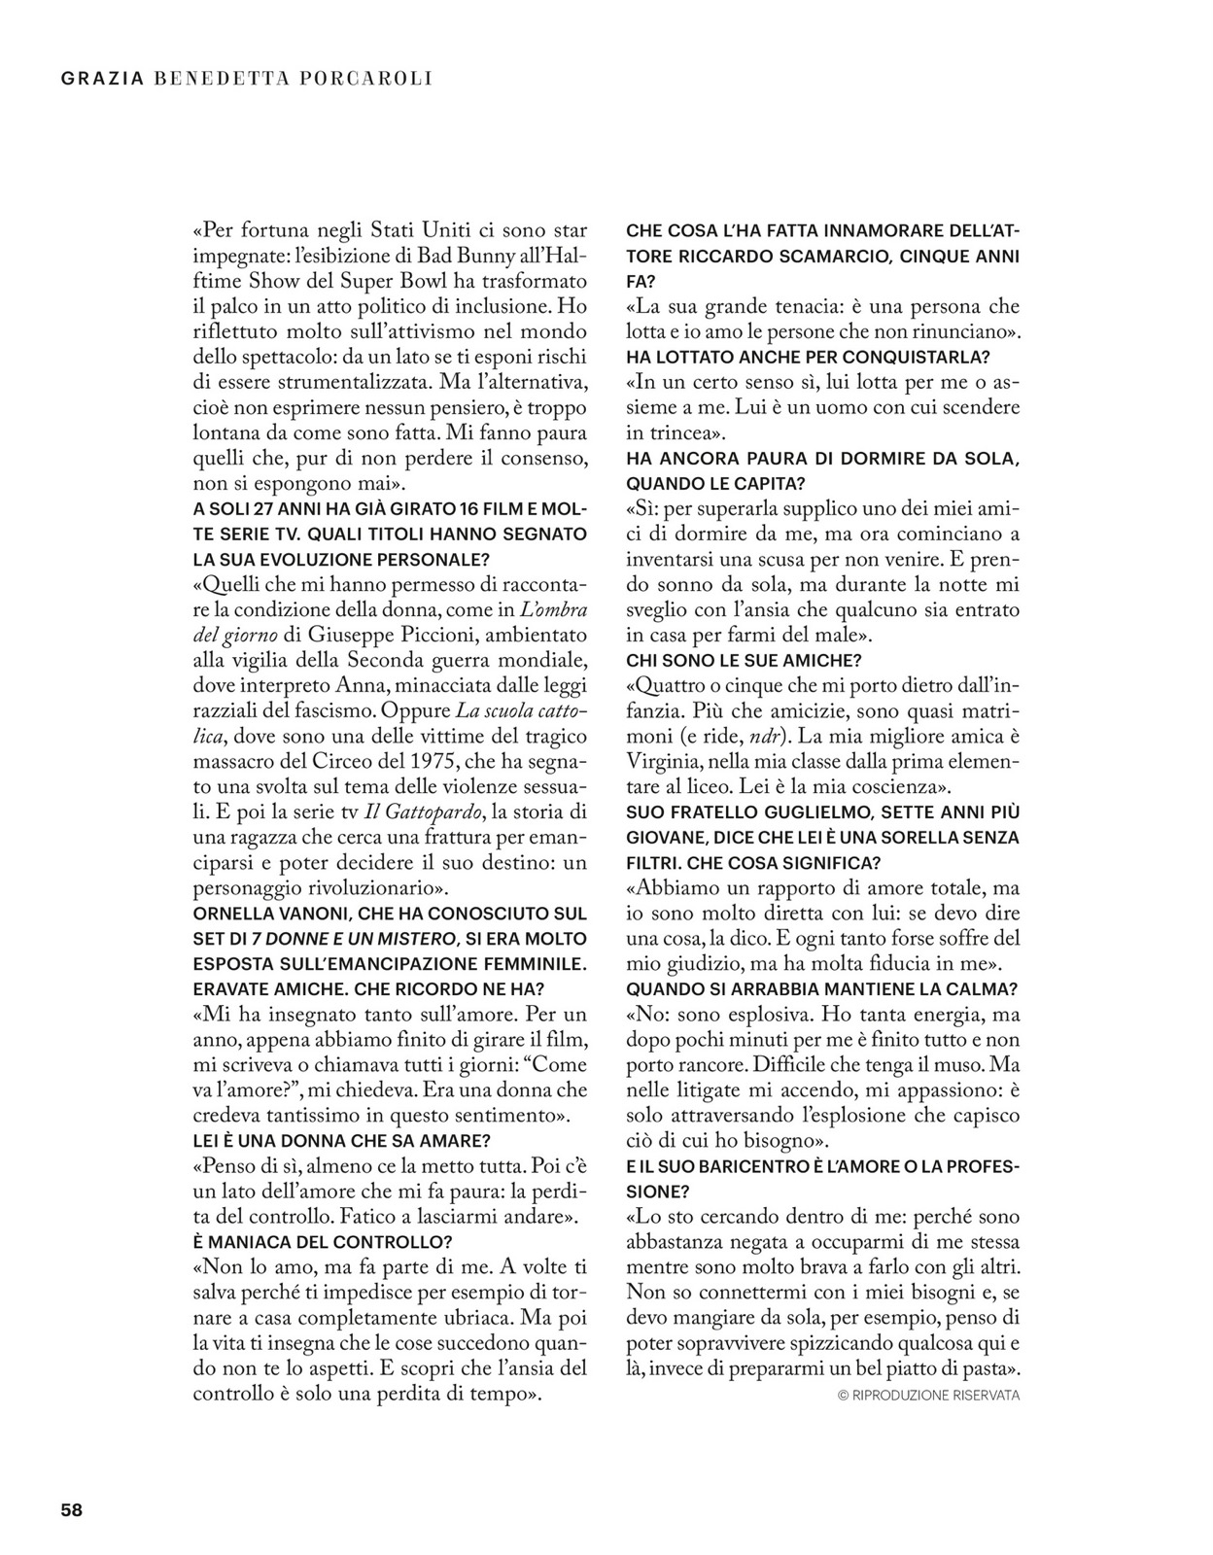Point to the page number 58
point(72,1510)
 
